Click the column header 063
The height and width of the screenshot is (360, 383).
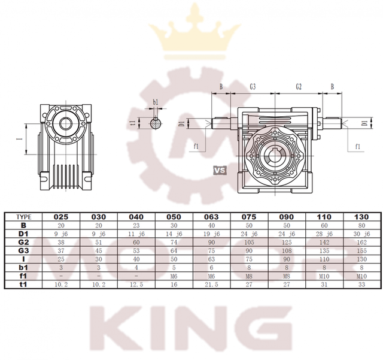(213, 216)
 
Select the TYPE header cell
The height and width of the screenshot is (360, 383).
(21, 216)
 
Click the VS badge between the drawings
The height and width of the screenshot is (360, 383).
(220, 170)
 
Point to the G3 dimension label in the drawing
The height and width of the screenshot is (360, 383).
(253, 87)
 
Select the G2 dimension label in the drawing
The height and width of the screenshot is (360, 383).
(298, 87)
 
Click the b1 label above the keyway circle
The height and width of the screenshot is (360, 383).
(156, 102)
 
